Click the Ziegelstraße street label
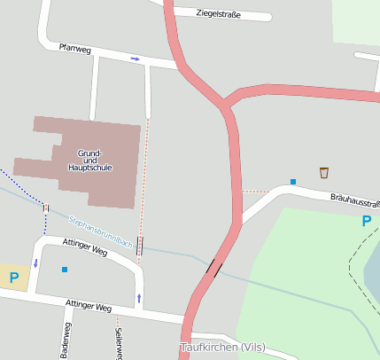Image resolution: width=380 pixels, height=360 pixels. click(x=221, y=13)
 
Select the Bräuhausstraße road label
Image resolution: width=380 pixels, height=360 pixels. click(x=354, y=201)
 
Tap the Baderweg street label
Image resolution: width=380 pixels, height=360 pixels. click(x=66, y=342)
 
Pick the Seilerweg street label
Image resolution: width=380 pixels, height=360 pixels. click(x=118, y=343)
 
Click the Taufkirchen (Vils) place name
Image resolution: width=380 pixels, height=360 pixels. click(x=222, y=347)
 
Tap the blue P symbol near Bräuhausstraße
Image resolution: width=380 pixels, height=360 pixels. click(x=365, y=222)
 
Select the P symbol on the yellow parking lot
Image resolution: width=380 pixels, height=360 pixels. click(x=13, y=278)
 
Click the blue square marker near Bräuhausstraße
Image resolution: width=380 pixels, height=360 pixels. click(x=292, y=182)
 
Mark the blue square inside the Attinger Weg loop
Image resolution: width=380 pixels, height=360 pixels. click(x=65, y=269)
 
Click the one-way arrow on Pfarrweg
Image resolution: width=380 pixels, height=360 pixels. click(x=135, y=59)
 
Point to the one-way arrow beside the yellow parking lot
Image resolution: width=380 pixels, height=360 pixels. click(x=35, y=263)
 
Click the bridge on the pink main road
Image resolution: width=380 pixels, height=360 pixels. click(x=215, y=265)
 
